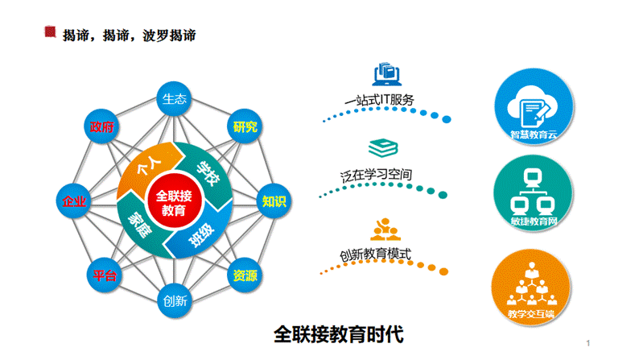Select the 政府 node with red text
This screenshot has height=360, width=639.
click(x=103, y=127)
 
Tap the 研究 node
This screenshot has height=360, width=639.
click(x=245, y=126)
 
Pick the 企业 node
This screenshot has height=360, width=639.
click(x=74, y=201)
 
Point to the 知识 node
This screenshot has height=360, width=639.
click(x=274, y=201)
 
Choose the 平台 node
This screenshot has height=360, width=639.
click(x=103, y=275)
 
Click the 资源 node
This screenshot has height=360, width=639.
click(x=245, y=275)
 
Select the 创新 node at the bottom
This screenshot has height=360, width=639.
click(x=175, y=301)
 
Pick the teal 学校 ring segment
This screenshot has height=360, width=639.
click(x=208, y=169)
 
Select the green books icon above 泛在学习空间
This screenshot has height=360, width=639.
click(x=380, y=148)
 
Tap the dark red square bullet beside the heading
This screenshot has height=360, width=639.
click(x=50, y=32)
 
